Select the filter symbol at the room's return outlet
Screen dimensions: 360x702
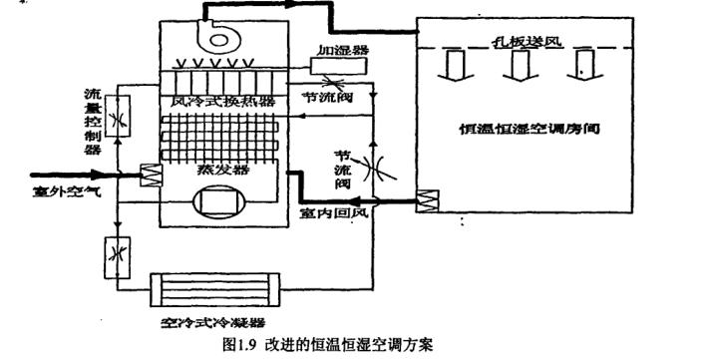click(428, 200)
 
